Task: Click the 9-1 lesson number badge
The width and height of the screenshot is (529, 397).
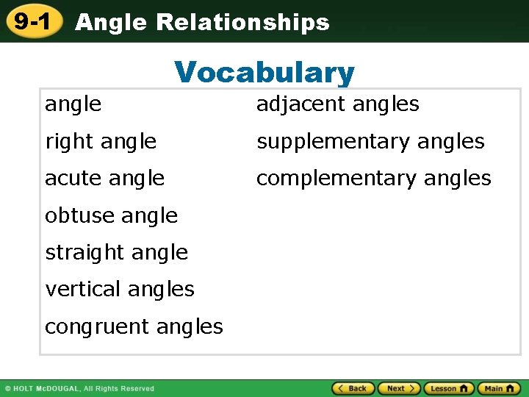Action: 32,21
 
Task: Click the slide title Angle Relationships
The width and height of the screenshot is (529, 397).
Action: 202,23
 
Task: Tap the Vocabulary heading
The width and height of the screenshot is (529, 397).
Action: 264,73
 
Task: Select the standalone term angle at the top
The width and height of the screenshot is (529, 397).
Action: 73,104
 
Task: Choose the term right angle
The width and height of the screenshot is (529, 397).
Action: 101,141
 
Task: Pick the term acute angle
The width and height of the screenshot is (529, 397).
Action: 104,178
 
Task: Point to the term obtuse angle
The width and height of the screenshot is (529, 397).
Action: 111,215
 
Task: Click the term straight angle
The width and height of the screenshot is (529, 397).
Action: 116,252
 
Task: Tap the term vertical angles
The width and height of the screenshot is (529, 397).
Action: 120,289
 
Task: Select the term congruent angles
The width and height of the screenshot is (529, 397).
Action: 134,326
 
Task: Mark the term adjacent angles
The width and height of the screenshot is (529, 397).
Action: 337,104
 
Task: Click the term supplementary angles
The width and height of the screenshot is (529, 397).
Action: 370,141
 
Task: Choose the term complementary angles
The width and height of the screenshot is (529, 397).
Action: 373,178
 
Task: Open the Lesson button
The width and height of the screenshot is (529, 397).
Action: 448,388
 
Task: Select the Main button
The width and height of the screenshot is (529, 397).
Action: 499,388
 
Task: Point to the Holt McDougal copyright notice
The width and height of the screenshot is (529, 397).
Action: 79,388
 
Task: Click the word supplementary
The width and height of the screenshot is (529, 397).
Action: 333,141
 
